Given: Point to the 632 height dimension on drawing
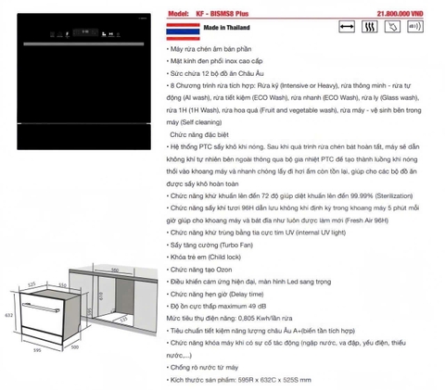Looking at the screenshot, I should tap(6, 314).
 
